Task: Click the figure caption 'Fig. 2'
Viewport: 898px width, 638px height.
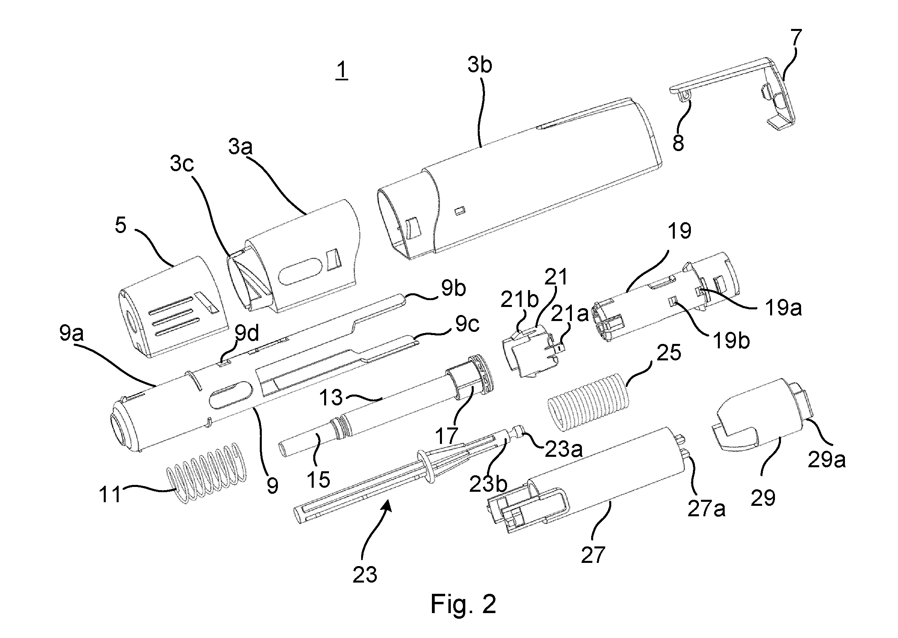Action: (463, 603)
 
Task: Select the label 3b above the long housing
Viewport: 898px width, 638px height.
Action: (480, 65)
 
